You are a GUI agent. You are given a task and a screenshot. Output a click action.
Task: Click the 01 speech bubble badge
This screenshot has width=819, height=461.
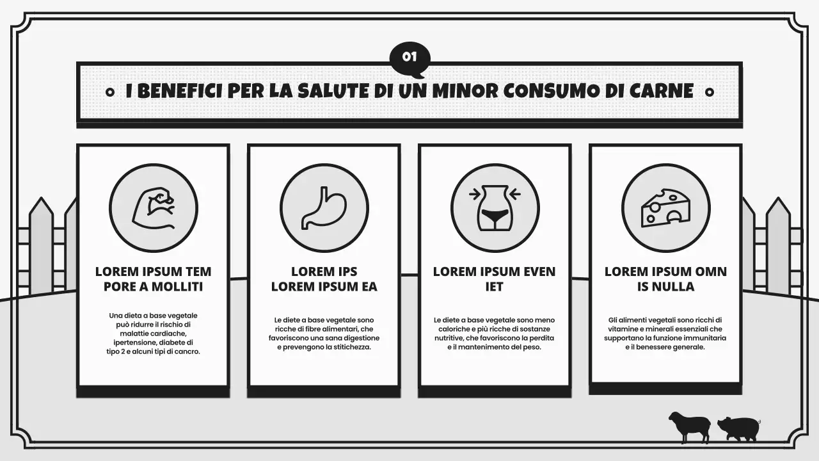point(409,57)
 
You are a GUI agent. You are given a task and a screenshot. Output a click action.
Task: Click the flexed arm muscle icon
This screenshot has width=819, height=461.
point(153,207)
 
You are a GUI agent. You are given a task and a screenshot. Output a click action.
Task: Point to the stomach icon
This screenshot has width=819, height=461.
point(324,207)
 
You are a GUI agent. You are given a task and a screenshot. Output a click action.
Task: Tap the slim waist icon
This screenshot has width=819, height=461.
point(495,207)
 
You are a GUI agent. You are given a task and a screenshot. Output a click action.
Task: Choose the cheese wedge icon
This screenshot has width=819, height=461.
point(665,207)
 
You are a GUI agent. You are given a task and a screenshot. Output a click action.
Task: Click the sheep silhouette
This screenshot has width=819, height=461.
point(690,426)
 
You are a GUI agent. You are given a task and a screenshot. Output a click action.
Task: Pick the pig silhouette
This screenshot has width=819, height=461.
point(738,428)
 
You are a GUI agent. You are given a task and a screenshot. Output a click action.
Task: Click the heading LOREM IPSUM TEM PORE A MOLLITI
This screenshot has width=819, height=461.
point(153,279)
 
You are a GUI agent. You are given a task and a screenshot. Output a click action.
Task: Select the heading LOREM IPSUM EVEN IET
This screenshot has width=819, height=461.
point(495,279)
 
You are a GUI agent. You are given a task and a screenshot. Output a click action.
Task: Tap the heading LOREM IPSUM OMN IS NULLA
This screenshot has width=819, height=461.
point(665,279)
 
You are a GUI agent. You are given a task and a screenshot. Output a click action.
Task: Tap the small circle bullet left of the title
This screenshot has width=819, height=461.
point(109,92)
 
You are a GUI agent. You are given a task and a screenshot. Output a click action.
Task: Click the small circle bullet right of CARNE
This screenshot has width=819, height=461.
point(709,92)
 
